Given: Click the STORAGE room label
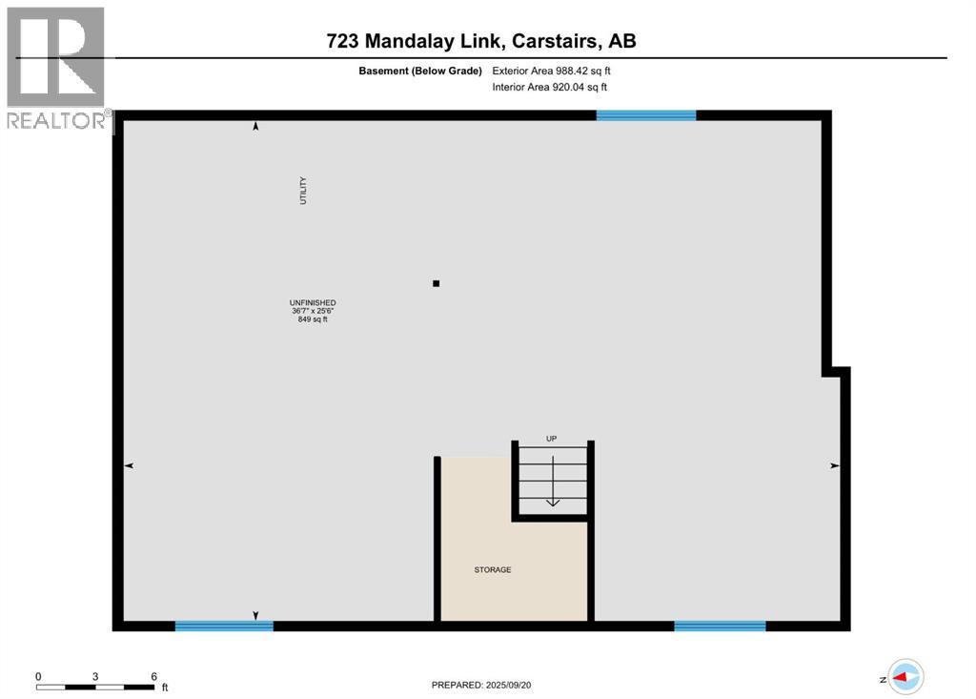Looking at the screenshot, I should [x=493, y=570].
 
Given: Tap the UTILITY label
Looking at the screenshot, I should [x=303, y=191].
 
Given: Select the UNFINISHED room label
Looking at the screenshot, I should [x=313, y=302].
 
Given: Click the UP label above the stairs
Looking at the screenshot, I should [x=551, y=439].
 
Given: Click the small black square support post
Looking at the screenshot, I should [x=437, y=283].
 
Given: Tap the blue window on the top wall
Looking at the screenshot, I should [x=645, y=115].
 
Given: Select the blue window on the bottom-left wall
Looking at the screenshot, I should [x=224, y=627].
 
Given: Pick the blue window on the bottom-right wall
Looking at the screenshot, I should [x=720, y=627].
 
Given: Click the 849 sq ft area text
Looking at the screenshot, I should [x=313, y=319].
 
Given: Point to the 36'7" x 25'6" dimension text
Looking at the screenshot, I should [x=313, y=311].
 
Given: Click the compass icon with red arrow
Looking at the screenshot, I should [x=905, y=676].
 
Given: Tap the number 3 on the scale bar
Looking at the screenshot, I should [x=95, y=676].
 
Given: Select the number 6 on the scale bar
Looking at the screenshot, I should [x=153, y=676].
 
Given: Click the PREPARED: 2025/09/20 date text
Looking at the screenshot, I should [x=488, y=685].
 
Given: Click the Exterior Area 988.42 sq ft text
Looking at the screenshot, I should [x=551, y=71].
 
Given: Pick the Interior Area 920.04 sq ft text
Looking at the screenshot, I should [x=549, y=87].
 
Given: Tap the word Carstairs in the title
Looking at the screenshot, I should [x=556, y=41].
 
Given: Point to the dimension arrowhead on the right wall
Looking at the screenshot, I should [x=834, y=465].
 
